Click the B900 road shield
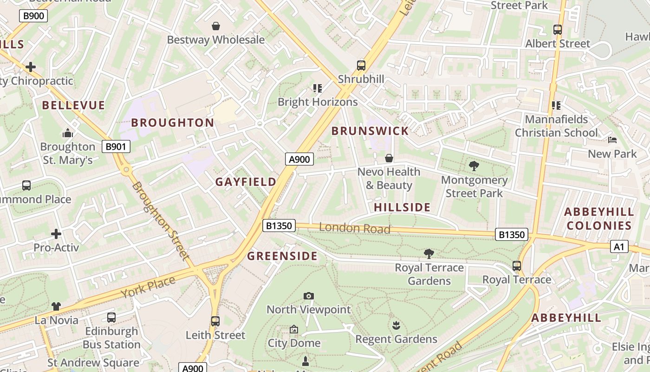click(33, 16)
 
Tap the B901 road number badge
click(116, 147)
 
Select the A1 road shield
click(619, 246)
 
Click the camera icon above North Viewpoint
click(308, 296)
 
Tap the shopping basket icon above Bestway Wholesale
click(216, 26)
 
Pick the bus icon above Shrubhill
click(361, 65)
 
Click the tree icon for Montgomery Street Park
click(474, 166)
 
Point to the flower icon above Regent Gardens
click(396, 325)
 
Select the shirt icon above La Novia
click(56, 306)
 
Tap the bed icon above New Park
click(612, 140)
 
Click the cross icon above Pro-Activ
click(56, 233)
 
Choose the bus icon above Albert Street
click(558, 30)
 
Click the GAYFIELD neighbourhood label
click(246, 182)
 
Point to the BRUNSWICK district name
click(370, 131)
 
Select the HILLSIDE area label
click(402, 207)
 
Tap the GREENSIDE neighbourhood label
click(282, 256)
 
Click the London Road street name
click(355, 228)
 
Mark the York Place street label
click(148, 287)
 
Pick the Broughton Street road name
click(161, 220)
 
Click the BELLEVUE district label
click(73, 106)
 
